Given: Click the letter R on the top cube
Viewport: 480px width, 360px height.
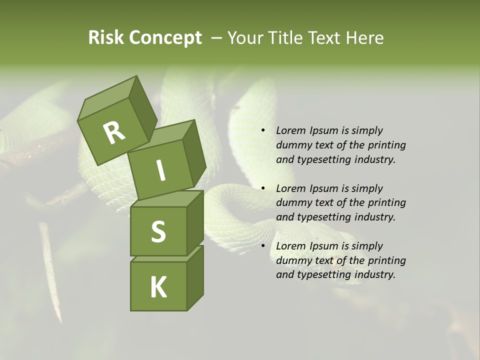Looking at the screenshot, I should click(114, 133).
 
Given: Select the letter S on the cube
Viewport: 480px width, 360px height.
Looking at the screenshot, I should click(158, 231).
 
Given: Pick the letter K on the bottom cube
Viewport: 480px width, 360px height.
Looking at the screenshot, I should click(158, 287).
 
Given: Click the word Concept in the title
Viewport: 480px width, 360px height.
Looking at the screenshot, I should click(165, 38).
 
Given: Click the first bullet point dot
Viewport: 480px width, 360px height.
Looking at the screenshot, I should click(262, 131).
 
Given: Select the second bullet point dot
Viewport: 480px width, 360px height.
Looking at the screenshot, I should click(262, 189).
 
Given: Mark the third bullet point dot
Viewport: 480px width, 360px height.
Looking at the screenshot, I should click(262, 246).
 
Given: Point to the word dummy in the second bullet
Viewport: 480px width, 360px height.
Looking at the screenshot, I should click(291, 203).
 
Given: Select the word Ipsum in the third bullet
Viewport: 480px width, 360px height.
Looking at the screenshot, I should click(323, 246).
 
